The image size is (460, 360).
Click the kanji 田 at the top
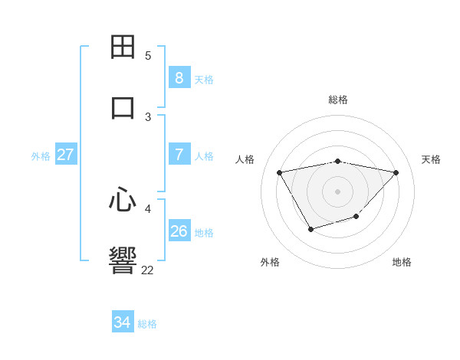click(123, 47)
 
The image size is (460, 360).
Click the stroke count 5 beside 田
click(148, 56)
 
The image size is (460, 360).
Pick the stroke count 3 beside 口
click(148, 117)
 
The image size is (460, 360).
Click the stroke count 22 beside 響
click(147, 270)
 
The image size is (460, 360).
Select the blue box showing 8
click(179, 77)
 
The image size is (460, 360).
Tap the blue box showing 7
click(179, 155)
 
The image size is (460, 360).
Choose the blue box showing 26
click(179, 231)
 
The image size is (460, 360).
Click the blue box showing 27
click(65, 155)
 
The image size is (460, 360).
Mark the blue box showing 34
click(122, 322)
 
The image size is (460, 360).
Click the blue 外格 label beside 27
click(41, 156)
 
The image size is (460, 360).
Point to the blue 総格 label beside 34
click(147, 324)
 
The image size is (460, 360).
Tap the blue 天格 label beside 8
click(204, 79)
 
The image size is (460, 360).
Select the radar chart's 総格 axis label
click(338, 100)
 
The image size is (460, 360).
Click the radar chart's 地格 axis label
click(402, 262)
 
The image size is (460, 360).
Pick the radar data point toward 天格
click(396, 172)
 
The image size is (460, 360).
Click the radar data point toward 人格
click(280, 172)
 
